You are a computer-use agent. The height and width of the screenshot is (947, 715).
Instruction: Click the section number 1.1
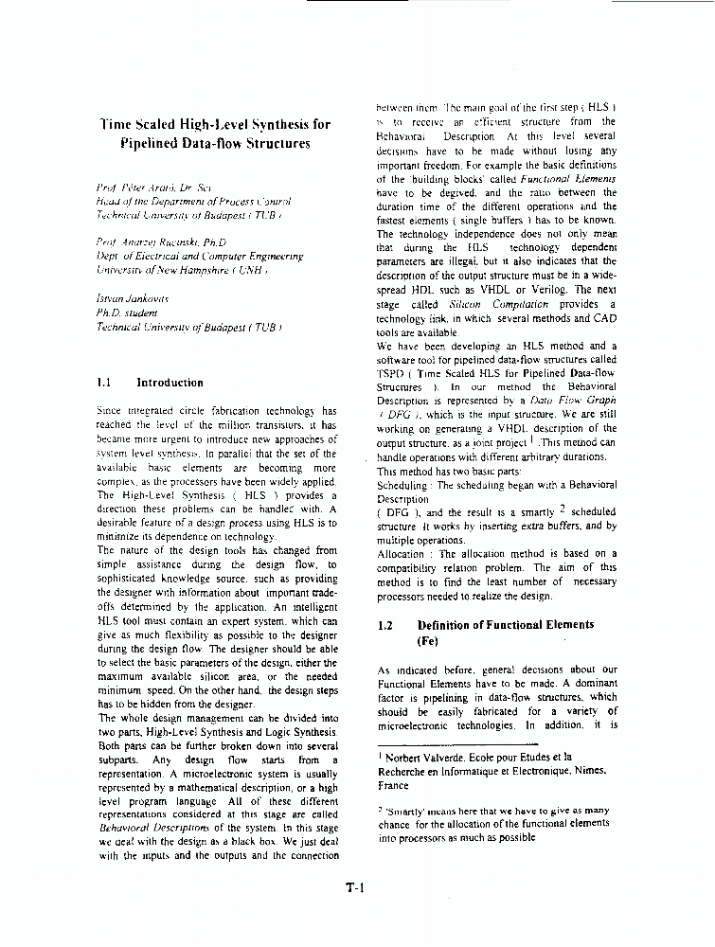(105, 384)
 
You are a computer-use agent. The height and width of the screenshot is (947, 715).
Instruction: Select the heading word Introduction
(170, 384)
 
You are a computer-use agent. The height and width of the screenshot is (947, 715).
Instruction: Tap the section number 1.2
(385, 625)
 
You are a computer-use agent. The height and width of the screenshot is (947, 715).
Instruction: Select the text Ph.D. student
(127, 312)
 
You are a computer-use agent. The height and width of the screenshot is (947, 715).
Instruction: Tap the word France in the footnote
(393, 786)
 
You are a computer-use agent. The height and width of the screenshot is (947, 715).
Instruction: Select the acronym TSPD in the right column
(392, 374)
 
